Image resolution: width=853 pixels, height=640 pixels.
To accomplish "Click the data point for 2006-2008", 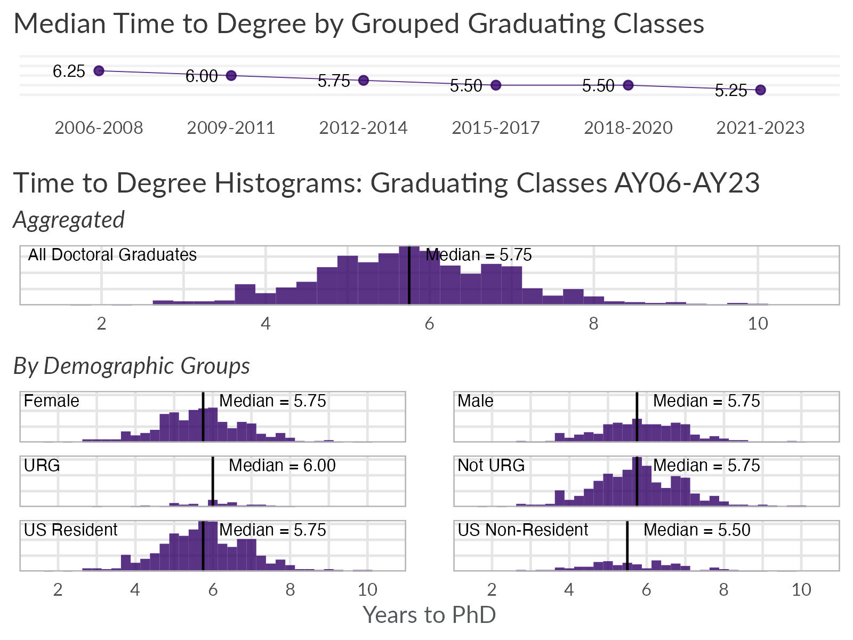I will click(99, 70).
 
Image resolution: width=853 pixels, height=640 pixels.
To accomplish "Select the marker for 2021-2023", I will click(760, 90).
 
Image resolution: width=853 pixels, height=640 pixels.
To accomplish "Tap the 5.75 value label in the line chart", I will click(334, 81).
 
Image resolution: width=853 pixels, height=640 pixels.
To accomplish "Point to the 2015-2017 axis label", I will click(495, 128).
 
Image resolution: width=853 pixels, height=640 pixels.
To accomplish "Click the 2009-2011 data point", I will click(231, 75).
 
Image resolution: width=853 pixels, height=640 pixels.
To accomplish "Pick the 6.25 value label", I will click(69, 71).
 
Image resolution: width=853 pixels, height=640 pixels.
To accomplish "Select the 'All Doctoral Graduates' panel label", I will click(112, 255).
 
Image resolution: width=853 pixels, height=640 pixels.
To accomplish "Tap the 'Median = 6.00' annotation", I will click(282, 466).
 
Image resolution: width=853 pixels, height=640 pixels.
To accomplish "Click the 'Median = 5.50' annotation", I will click(697, 530).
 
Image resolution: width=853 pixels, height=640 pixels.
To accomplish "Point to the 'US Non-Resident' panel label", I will click(522, 530).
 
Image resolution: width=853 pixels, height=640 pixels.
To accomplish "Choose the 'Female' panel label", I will click(52, 401).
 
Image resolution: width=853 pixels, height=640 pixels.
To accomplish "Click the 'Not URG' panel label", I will click(491, 466).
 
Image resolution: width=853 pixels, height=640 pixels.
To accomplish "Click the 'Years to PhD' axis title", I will click(429, 615).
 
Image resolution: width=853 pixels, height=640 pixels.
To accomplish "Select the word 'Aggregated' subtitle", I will click(69, 220).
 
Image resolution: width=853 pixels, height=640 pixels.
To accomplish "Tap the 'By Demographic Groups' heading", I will click(132, 366).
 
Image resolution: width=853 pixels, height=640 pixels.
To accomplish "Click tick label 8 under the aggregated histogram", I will click(593, 324).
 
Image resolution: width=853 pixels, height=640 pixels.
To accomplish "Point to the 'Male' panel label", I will click(476, 401).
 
